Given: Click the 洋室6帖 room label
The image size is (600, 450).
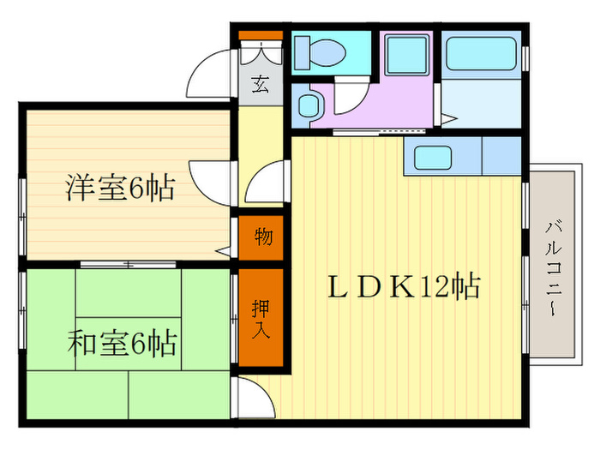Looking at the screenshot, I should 120,187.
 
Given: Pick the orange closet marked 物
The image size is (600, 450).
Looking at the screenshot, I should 263,236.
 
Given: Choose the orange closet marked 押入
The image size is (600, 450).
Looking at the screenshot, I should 261,318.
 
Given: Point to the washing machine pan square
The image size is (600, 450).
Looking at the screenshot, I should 406,55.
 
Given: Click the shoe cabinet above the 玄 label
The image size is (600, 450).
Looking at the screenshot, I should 260,55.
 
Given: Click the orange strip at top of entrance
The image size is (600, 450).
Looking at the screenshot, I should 260,35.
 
